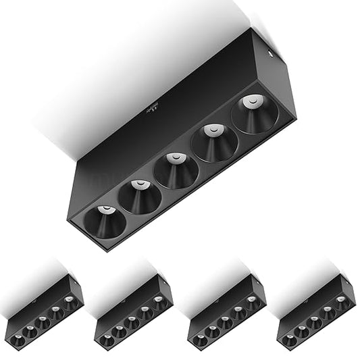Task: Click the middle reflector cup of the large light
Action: pos(176,172)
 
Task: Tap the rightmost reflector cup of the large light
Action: pos(254,115)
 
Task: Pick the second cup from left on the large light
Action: pos(140,197)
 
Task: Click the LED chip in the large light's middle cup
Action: pos(174,158)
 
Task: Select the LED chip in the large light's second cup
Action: pos(138,184)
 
